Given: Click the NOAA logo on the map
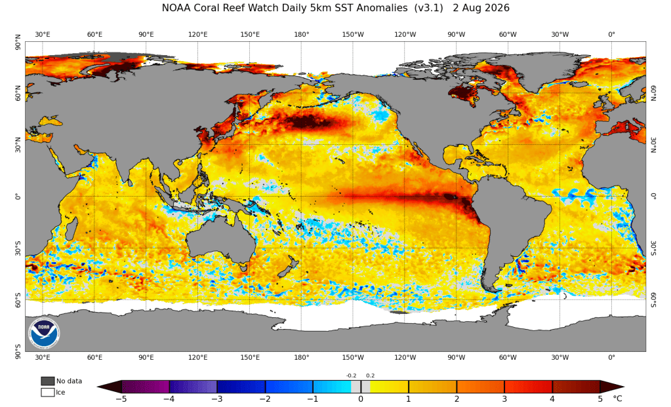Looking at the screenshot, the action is click(x=45, y=332).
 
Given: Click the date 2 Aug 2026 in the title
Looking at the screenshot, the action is click(x=481, y=8).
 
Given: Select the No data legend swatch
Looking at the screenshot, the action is click(x=47, y=381).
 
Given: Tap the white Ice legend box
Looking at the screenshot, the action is click(x=47, y=392).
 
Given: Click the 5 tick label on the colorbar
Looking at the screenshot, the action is click(x=600, y=399).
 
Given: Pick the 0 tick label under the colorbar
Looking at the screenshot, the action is click(x=361, y=399).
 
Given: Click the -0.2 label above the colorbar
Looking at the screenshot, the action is click(x=351, y=376).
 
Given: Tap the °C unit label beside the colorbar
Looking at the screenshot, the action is click(x=617, y=399).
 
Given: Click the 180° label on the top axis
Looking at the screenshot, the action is click(x=301, y=34).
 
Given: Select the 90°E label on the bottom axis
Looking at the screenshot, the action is click(x=146, y=357).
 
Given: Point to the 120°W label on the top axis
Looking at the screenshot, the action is click(x=405, y=34).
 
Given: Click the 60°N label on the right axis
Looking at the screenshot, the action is click(x=653, y=93).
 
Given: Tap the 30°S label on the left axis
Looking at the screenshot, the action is click(x=18, y=248).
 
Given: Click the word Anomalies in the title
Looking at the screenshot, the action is click(x=381, y=8).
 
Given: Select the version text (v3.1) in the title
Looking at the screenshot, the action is click(x=428, y=8).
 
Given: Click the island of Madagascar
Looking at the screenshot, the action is click(x=71, y=229).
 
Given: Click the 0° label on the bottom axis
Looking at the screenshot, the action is click(x=611, y=357).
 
